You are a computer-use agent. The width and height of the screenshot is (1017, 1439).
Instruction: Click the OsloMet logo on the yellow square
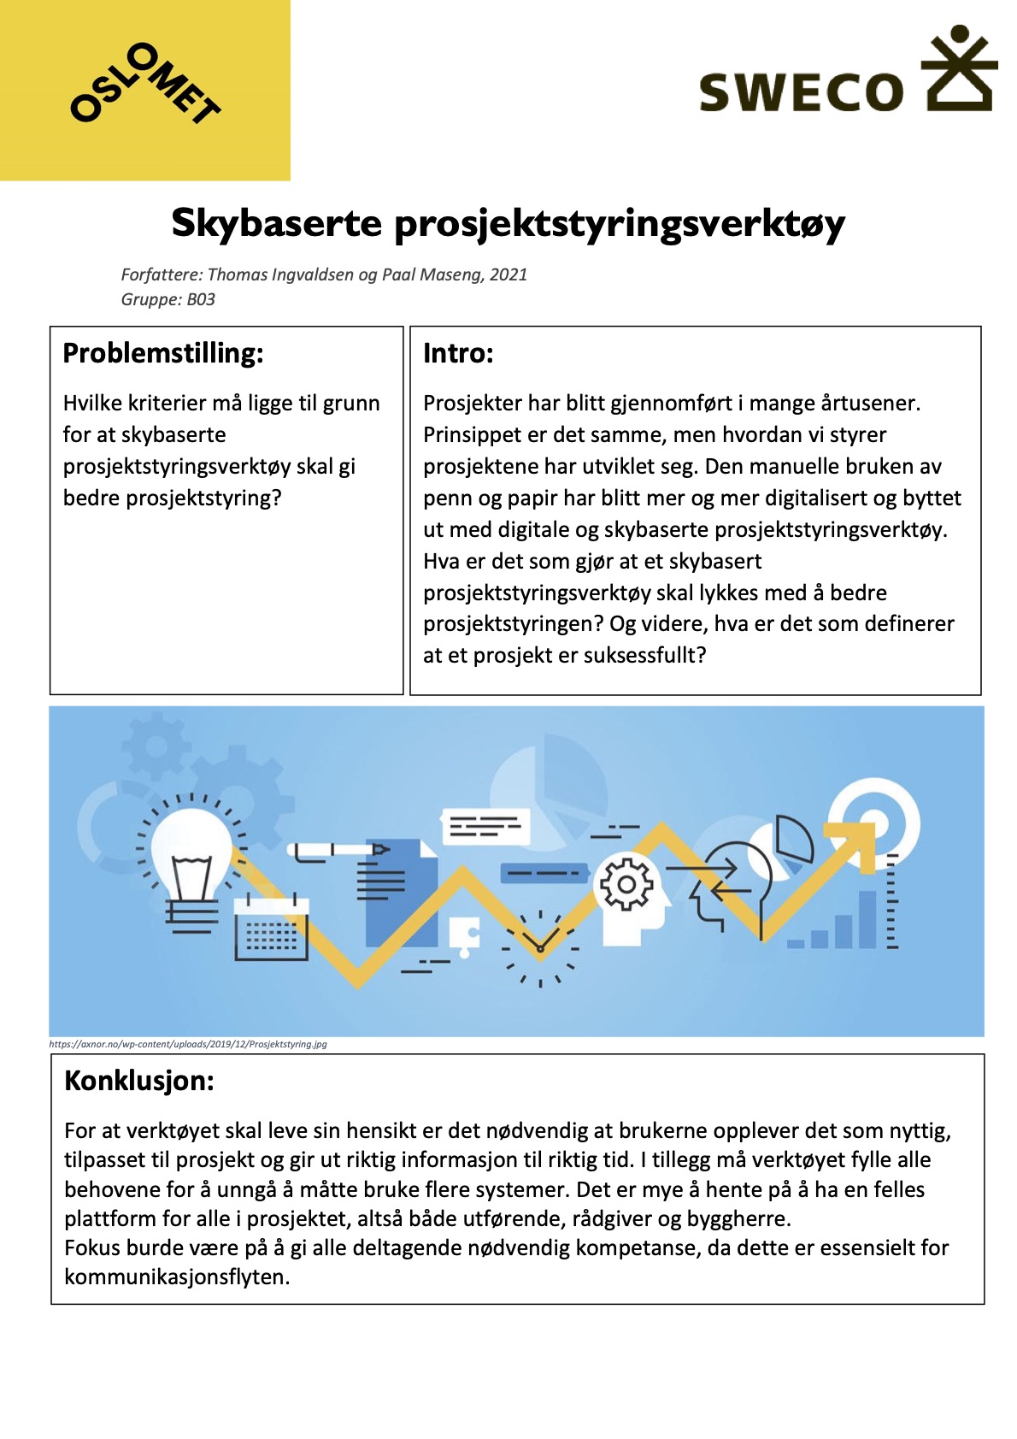tap(144, 85)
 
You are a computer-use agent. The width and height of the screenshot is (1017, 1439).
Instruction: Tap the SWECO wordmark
tap(801, 92)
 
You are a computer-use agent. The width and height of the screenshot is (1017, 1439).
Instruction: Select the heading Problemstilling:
tap(163, 353)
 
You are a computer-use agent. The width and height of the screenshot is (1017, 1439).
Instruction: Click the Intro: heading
tap(458, 353)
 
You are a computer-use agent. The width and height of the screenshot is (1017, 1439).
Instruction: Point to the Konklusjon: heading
tap(139, 1081)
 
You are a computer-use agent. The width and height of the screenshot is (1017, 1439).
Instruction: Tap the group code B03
tap(201, 299)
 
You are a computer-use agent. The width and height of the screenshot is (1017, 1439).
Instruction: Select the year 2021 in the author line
tap(508, 274)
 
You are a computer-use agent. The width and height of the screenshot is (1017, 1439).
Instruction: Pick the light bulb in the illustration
tap(191, 855)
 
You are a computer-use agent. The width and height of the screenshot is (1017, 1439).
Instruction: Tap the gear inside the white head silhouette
tap(626, 884)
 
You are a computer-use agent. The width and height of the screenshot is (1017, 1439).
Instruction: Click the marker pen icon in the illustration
tap(338, 851)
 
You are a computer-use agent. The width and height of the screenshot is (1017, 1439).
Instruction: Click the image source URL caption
tap(188, 1044)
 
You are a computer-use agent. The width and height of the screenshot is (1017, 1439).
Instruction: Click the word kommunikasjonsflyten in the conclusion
tap(176, 1277)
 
